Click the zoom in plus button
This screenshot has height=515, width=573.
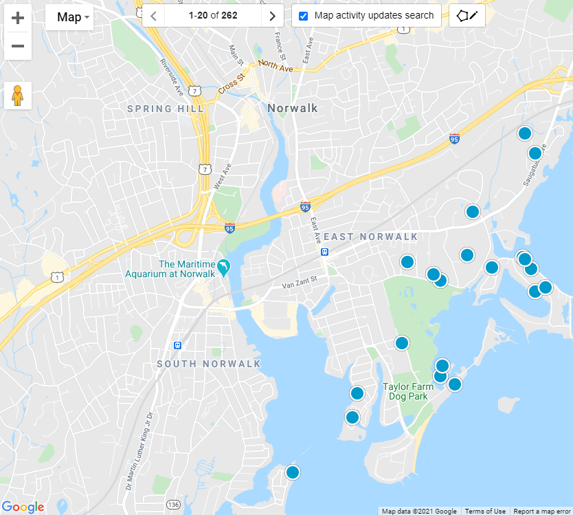click(x=18, y=19)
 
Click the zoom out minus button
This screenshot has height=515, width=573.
click(x=18, y=46)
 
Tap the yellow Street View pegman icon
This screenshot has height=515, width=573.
click(x=18, y=96)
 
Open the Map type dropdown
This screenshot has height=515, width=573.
click(x=69, y=17)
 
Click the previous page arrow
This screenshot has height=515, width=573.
click(x=153, y=16)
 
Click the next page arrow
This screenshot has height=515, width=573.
click(x=273, y=16)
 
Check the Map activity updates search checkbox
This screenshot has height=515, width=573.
click(x=303, y=16)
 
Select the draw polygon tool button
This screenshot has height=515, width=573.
click(x=467, y=16)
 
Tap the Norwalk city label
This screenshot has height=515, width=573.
click(x=293, y=108)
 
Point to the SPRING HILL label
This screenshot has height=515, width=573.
click(x=166, y=109)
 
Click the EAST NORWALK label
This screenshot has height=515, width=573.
click(x=370, y=237)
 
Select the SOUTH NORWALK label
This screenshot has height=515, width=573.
click(x=209, y=364)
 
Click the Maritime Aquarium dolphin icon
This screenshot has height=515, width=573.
click(x=223, y=266)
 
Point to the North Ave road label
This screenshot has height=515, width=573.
click(x=276, y=65)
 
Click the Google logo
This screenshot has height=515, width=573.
click(x=23, y=507)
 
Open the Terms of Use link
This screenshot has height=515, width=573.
click(x=485, y=511)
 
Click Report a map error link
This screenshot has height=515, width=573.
click(x=543, y=511)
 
